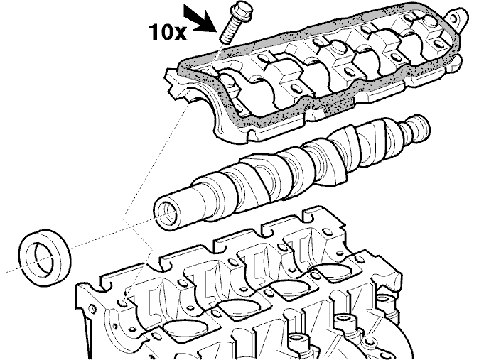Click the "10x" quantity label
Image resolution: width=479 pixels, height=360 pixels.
[168, 33]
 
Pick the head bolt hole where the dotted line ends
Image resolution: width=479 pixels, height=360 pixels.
[122, 302]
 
